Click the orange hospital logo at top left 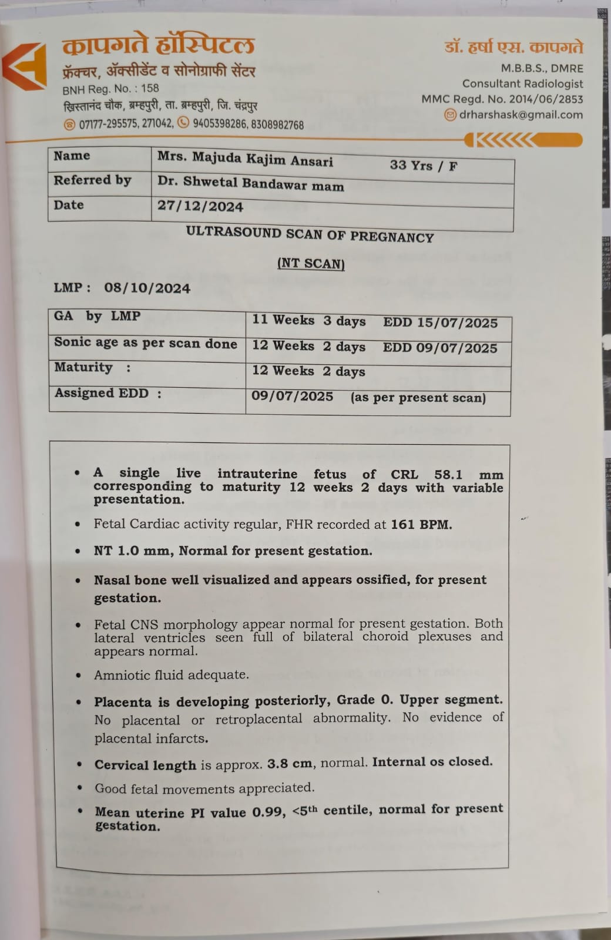click(25, 66)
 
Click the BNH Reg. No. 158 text click(110, 89)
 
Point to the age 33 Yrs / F click(423, 166)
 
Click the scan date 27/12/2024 click(200, 206)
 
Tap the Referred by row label click(92, 180)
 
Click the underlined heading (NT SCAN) click(311, 263)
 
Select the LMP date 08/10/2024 click(147, 288)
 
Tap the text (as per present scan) click(418, 398)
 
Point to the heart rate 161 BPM click(421, 524)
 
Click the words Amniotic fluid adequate click(171, 675)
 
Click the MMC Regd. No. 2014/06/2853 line click(502, 99)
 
